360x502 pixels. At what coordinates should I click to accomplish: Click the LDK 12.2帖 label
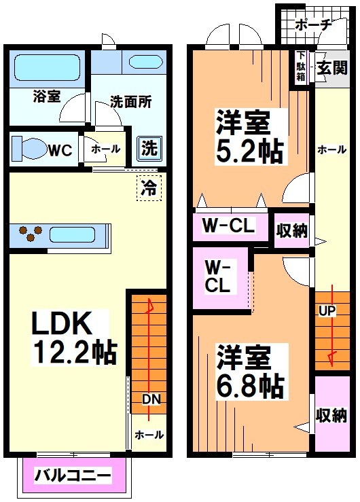tap(73, 338)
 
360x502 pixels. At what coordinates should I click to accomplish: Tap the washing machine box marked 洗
tap(147, 147)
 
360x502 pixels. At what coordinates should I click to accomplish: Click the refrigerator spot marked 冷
tap(148, 187)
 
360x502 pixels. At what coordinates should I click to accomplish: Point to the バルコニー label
tap(73, 476)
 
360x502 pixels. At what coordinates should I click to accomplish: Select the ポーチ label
tap(314, 25)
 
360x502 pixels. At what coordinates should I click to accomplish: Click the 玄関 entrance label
tap(331, 68)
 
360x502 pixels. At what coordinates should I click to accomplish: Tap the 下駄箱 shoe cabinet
tap(300, 67)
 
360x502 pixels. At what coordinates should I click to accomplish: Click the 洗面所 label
tap(130, 104)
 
